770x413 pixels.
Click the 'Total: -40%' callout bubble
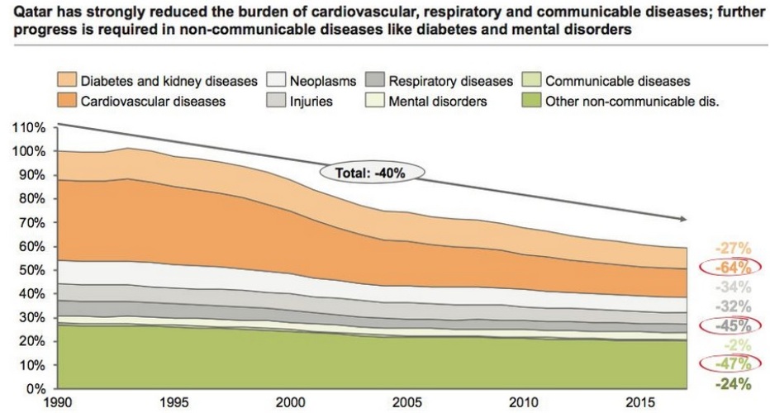point(372,173)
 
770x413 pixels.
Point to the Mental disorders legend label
point(439,102)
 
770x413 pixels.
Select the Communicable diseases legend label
point(617,83)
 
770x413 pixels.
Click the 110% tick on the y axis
point(29,128)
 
